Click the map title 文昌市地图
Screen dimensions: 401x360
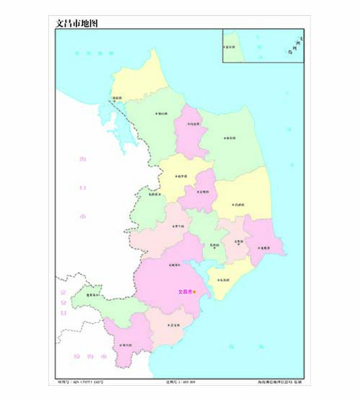tap(76, 23)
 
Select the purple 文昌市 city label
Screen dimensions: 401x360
tap(185, 291)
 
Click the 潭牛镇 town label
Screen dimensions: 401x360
tap(177, 226)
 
